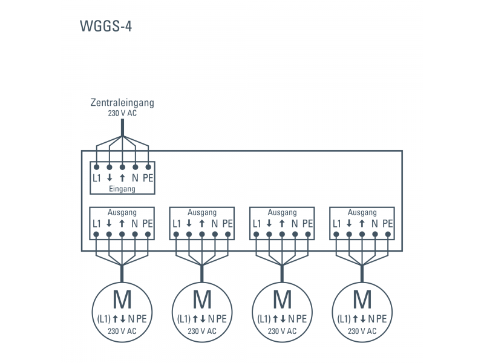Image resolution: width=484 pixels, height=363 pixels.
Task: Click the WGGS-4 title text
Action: (x=105, y=27)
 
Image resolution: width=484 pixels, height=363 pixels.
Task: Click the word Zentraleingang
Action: (x=122, y=102)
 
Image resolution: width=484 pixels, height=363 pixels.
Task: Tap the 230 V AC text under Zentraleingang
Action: (x=122, y=113)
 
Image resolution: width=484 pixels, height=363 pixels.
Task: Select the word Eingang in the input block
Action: (x=122, y=189)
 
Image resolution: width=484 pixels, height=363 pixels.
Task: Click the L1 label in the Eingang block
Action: (x=96, y=178)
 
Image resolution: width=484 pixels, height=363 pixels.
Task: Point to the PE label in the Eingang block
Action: (x=148, y=178)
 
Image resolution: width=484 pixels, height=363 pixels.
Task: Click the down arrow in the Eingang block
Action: (x=109, y=178)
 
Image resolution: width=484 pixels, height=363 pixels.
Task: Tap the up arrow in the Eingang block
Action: (x=122, y=178)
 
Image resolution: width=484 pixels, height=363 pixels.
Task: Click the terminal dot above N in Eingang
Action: (x=135, y=166)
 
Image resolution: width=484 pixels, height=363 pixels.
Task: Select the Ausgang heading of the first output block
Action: (x=122, y=212)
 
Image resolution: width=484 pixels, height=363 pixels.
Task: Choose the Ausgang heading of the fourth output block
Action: (x=362, y=212)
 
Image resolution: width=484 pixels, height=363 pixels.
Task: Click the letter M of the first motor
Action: (x=122, y=300)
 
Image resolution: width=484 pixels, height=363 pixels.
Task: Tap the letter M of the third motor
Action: (x=282, y=300)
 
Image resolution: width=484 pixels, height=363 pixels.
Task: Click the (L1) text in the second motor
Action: (x=185, y=319)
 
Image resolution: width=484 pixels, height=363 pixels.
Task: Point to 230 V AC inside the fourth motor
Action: (x=362, y=331)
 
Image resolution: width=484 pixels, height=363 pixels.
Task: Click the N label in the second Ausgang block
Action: (x=215, y=223)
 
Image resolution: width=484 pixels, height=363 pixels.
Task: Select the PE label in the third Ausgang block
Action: (x=307, y=223)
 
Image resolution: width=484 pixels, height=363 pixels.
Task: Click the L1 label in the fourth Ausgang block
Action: (x=336, y=223)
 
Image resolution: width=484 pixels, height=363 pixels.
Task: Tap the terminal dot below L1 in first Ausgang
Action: (x=96, y=234)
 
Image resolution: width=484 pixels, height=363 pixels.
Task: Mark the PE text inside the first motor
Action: (x=141, y=319)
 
